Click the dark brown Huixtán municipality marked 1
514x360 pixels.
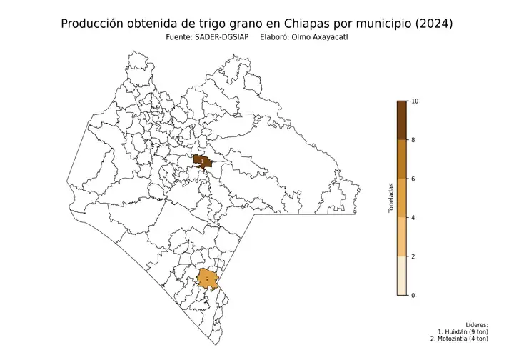[203, 161]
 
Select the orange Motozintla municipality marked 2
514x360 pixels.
[207, 278]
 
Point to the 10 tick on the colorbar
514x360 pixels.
[415, 101]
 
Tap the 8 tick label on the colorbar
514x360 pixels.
[415, 140]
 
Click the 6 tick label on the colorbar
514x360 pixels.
[415, 179]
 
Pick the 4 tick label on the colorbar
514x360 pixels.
[415, 217]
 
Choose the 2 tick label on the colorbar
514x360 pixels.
[415, 256]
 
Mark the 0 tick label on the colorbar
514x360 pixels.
[415, 294]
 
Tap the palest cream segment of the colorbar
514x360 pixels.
[402, 275]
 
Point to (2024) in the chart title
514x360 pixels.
[433, 24]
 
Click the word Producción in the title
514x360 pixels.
[94, 24]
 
